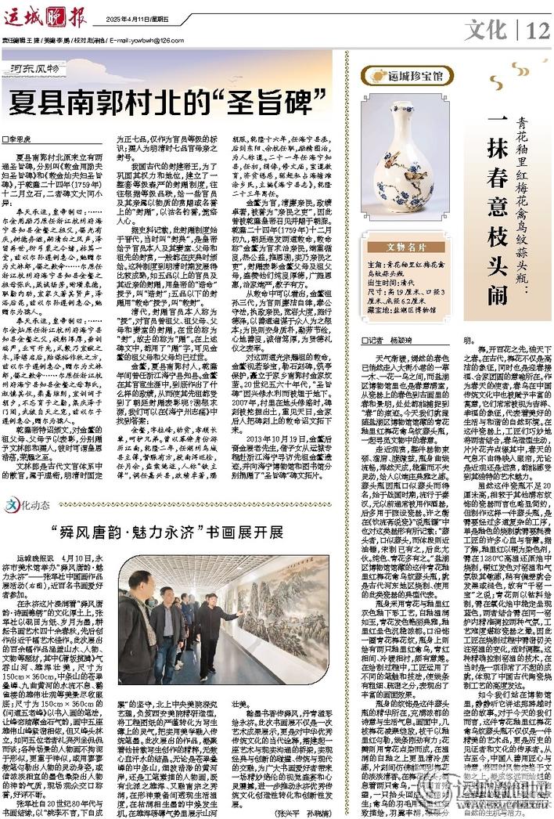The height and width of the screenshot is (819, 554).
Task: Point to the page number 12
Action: [539, 31]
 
